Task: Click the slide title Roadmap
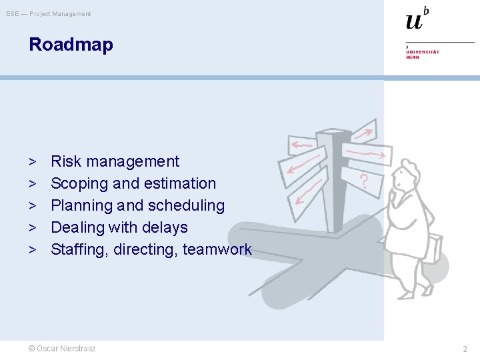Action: [71, 45]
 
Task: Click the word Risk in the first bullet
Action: [65, 161]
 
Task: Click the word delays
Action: [166, 227]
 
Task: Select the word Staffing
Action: [80, 249]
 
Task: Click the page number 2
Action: [465, 349]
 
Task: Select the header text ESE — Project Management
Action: [49, 14]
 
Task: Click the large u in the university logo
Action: [414, 21]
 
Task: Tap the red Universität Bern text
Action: [423, 53]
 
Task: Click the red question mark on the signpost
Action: [364, 180]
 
